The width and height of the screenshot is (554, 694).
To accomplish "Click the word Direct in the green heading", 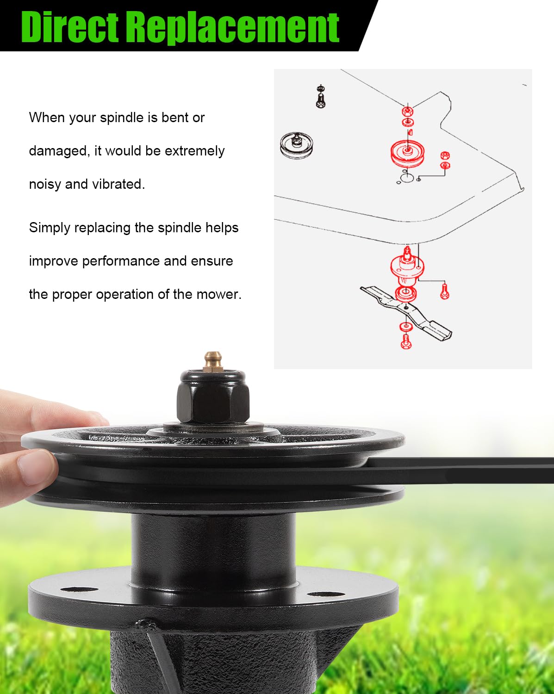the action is point(70,27).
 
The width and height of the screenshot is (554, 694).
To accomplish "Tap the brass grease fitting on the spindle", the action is point(213,361).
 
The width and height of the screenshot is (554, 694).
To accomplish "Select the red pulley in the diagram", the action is point(407,153).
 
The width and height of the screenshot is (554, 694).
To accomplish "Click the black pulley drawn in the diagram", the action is point(296,145).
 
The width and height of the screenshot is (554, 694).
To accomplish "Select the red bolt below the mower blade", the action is point(406,341).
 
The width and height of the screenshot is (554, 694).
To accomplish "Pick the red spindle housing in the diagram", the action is point(407,266).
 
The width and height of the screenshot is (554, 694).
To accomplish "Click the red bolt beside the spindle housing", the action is point(445,291).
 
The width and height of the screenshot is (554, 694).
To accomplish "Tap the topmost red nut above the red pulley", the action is point(407,112).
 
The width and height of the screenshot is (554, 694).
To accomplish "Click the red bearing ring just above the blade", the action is point(405,293).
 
